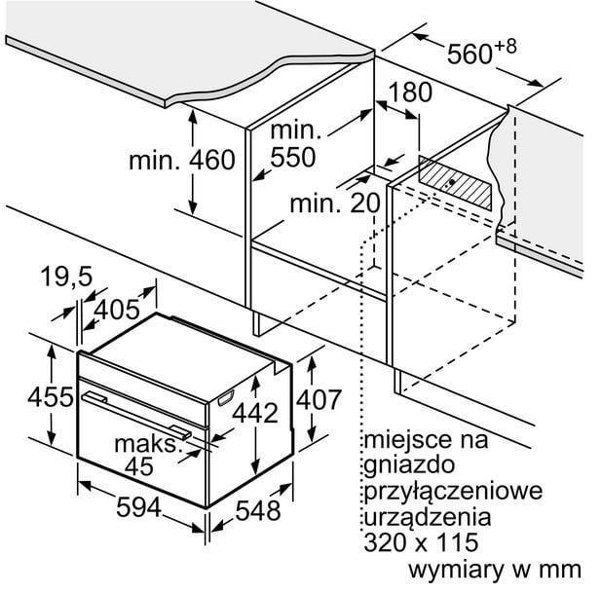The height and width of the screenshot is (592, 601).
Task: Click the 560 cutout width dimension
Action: point(482,52)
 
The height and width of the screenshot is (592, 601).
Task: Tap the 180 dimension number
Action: point(410,92)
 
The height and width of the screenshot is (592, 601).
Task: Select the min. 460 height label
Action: point(182,160)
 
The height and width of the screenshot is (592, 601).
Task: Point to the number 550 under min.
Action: point(293,157)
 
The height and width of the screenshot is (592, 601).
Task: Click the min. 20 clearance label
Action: point(335,203)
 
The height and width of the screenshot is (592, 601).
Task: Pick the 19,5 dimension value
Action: point(66,277)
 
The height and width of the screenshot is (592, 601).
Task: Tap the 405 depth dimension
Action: point(117,310)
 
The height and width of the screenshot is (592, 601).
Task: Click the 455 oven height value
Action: point(51,396)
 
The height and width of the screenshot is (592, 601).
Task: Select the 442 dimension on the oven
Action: point(255,413)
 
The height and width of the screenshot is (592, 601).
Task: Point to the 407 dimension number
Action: point(319,399)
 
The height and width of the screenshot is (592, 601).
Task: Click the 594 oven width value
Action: point(138,507)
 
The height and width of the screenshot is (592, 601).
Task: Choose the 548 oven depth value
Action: point(258,510)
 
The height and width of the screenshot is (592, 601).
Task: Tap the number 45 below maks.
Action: point(138,466)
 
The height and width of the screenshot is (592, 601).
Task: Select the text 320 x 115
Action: point(421,542)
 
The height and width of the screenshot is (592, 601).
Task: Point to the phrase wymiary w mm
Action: point(495,571)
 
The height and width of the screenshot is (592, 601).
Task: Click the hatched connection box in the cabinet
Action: point(455,183)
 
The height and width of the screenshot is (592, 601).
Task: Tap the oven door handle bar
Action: point(136,415)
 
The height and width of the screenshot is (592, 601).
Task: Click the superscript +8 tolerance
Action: point(506,47)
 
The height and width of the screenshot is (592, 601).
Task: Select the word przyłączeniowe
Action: point(453,492)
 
